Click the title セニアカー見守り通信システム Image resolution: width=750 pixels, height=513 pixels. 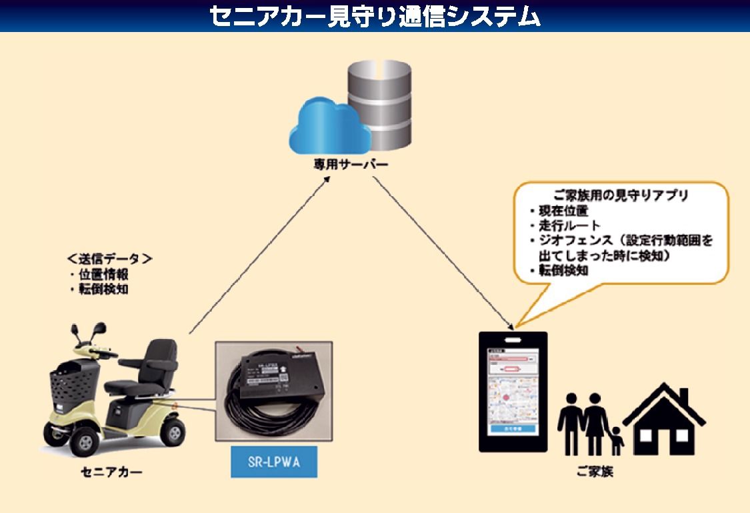tap(375, 16)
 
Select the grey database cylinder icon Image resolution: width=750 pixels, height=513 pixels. tap(378, 106)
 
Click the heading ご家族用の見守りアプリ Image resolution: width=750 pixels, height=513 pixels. tap(613, 197)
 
